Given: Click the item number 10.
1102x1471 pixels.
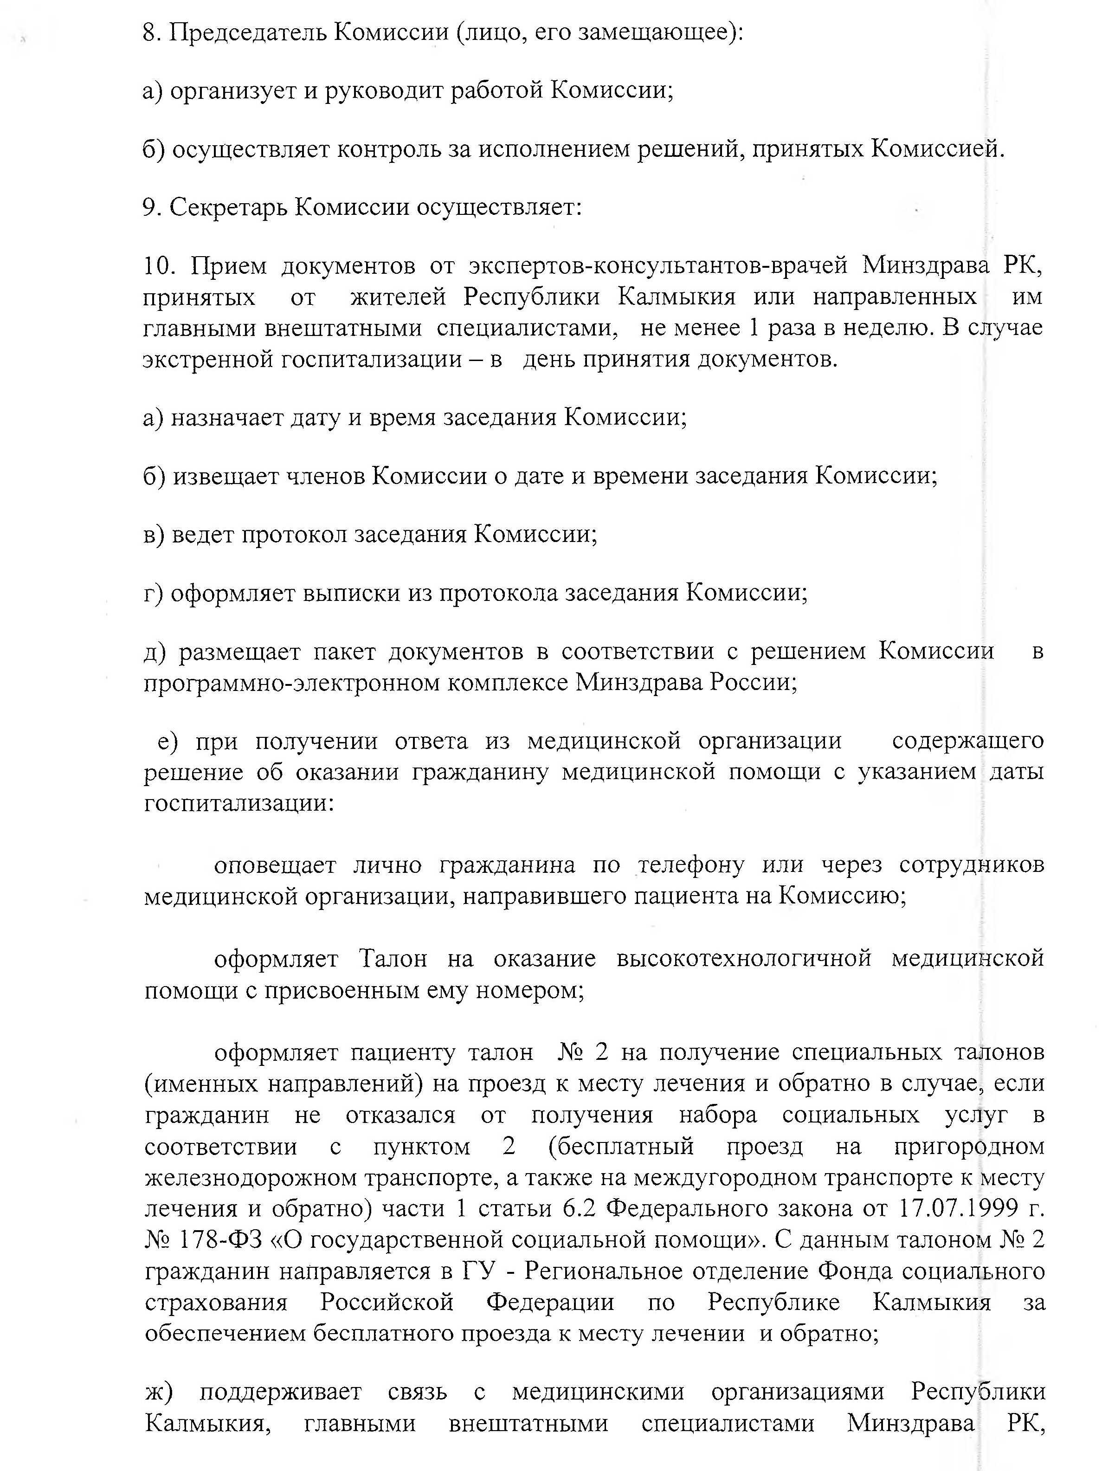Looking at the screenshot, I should (158, 266).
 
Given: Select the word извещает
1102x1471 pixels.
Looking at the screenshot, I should (225, 476).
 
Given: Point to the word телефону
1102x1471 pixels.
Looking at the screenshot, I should (692, 865).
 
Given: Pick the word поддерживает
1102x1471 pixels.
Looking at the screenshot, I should (280, 1391).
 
